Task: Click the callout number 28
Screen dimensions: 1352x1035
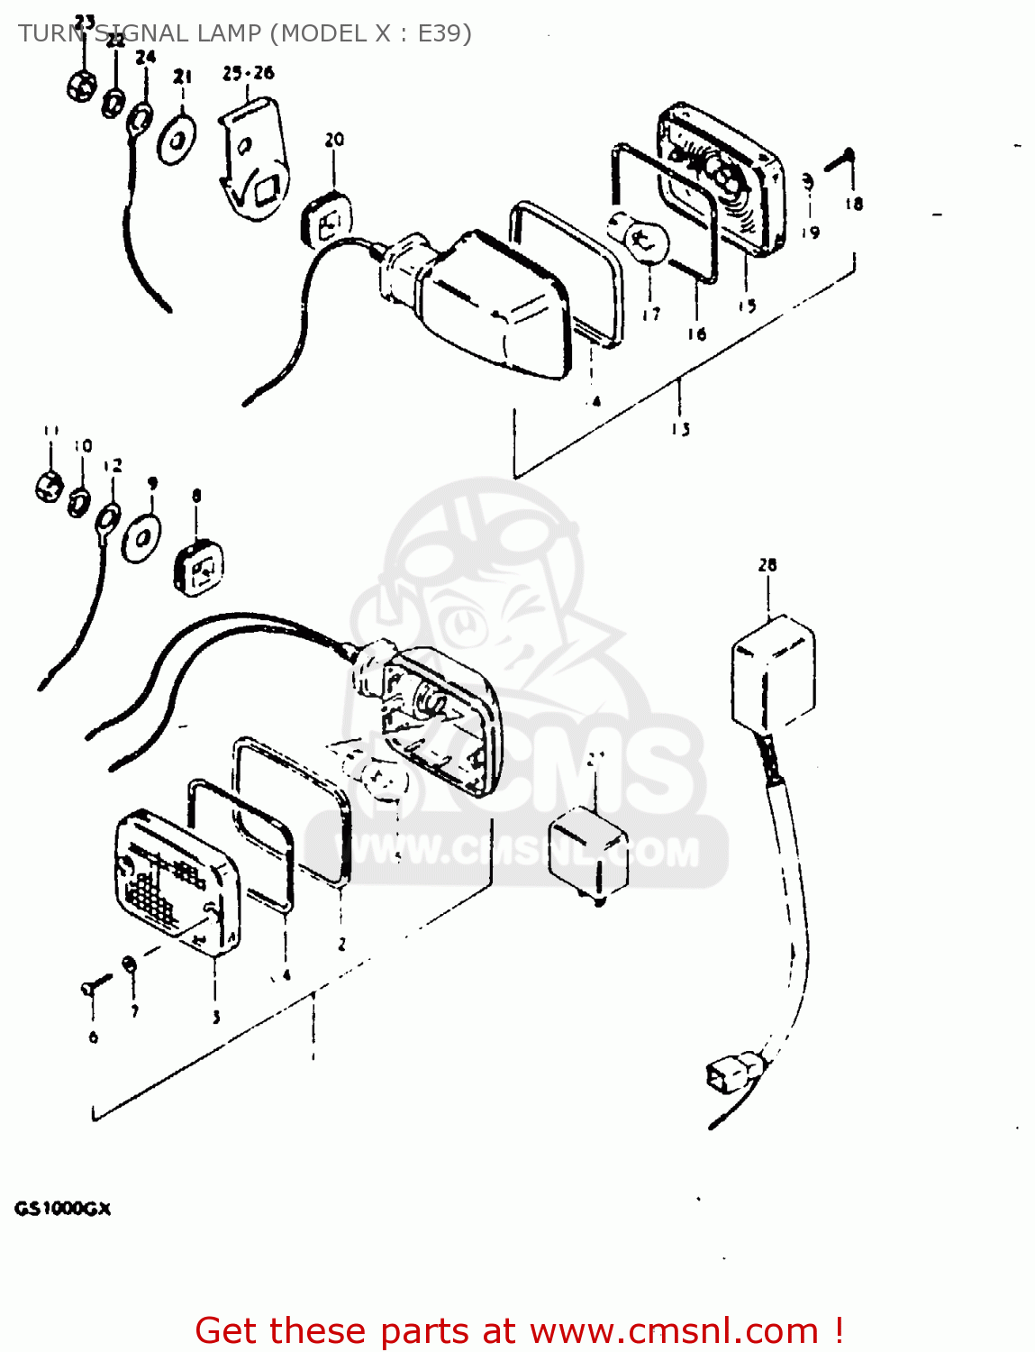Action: pyautogui.click(x=767, y=565)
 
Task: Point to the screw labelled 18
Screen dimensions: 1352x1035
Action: pyautogui.click(x=840, y=162)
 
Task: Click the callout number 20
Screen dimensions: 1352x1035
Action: pyautogui.click(x=334, y=140)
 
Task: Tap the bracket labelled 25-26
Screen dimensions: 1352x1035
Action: pyautogui.click(x=254, y=158)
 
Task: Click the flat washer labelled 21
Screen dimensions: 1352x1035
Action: pyautogui.click(x=177, y=140)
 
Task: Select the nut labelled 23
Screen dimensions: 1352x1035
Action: pyautogui.click(x=80, y=87)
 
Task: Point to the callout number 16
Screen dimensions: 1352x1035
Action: pyautogui.click(x=696, y=334)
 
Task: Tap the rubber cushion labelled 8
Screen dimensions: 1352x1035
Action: pyautogui.click(x=198, y=568)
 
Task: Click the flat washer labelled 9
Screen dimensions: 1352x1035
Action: pyautogui.click(x=142, y=538)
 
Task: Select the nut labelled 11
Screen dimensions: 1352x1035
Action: pyautogui.click(x=49, y=487)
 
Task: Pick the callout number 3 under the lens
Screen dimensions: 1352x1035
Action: pyautogui.click(x=216, y=1018)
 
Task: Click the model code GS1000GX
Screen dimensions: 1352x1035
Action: pyautogui.click(x=62, y=1209)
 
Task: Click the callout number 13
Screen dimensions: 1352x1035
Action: pyautogui.click(x=680, y=429)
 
